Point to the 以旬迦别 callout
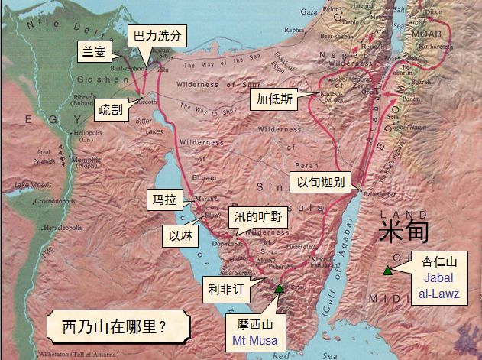(320, 182)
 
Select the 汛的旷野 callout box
(258, 217)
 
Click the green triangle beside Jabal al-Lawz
(388, 270)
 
